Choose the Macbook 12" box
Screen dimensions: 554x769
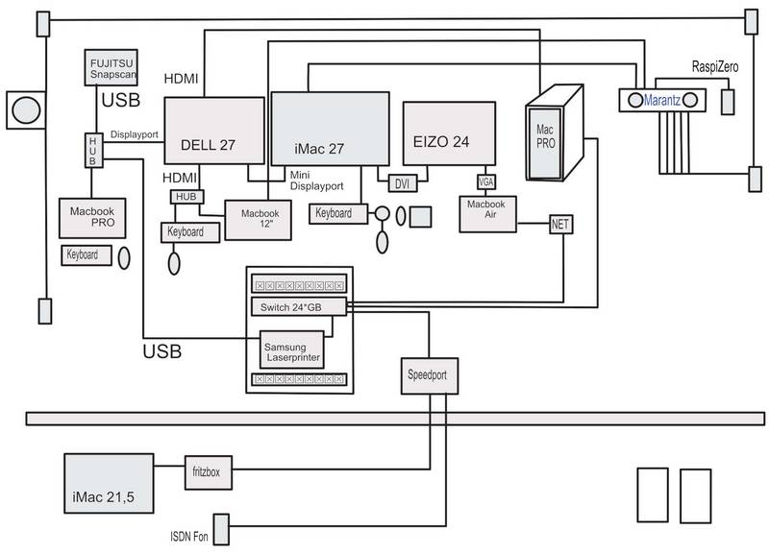(253, 221)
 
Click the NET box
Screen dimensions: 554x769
(561, 225)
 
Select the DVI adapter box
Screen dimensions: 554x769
(401, 182)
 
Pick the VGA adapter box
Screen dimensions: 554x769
(485, 181)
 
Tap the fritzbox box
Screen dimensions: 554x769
(208, 472)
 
